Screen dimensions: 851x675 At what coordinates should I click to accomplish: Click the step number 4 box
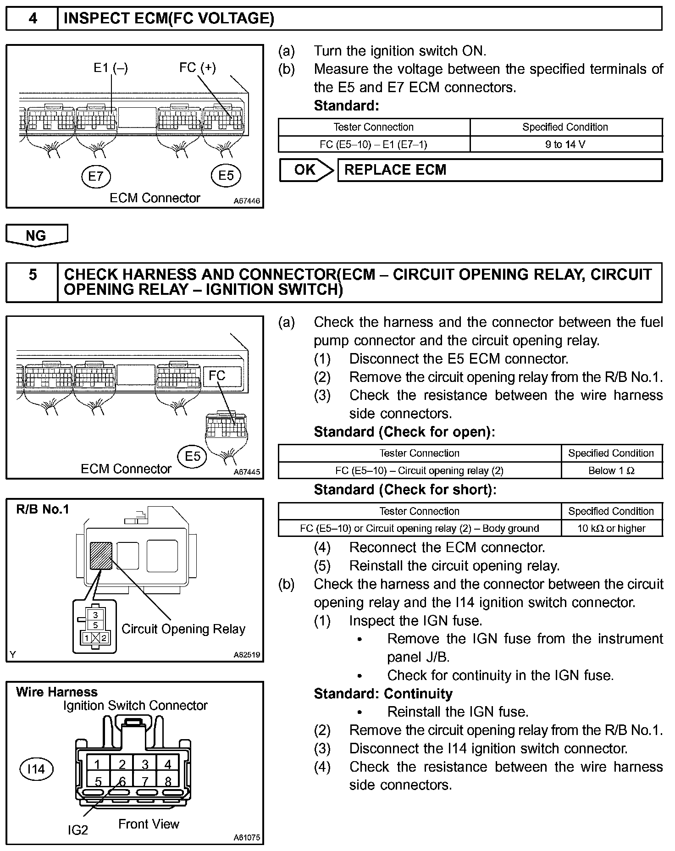pos(32,19)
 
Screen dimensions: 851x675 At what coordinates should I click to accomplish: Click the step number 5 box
pos(32,275)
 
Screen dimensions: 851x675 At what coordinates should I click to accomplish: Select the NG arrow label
pos(36,236)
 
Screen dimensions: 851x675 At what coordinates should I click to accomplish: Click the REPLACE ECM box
pos(499,170)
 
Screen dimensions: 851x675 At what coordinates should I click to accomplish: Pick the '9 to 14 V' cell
pos(565,144)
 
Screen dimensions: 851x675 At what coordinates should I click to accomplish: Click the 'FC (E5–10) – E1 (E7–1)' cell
pos(373,144)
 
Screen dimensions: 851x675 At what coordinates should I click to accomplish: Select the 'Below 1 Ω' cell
pos(611,470)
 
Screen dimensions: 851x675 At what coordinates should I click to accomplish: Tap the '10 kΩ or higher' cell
pos(611,528)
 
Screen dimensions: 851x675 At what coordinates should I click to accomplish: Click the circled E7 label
pos(96,176)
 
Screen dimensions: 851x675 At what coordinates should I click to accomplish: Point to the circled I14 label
pos(36,769)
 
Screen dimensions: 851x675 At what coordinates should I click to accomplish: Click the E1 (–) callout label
pos(111,68)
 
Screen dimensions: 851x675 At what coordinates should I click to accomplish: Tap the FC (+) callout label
pos(197,68)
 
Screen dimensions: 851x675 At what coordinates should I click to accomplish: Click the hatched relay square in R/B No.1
pos(101,556)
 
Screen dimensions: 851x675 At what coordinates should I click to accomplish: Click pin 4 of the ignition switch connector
pos(168,764)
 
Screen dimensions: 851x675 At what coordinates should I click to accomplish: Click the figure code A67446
pos(247,201)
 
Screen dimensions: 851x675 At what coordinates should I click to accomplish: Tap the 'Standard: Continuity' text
pos(383,694)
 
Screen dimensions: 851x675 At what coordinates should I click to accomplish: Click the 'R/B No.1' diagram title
pos(42,509)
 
